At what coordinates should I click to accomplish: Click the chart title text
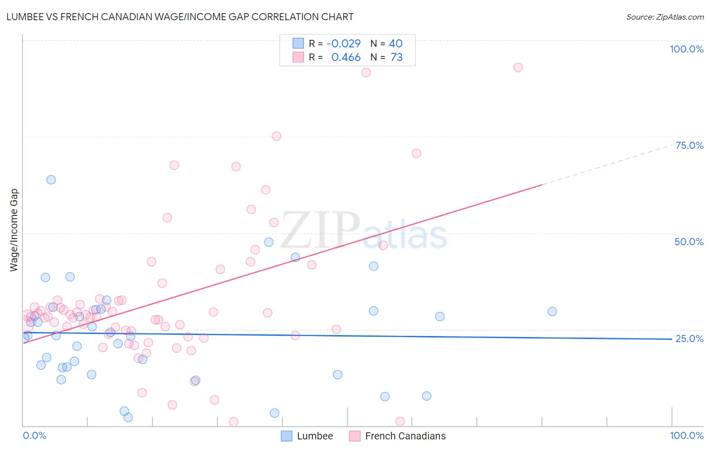(180, 17)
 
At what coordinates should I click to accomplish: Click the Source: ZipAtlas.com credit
(665, 17)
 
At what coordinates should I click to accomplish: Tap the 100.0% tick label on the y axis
(686, 49)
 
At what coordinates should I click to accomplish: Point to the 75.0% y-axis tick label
(689, 145)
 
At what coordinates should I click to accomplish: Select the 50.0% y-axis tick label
(689, 242)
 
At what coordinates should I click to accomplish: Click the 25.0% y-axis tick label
(689, 339)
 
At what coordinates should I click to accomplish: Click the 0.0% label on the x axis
(34, 435)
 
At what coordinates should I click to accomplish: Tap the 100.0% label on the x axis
(686, 435)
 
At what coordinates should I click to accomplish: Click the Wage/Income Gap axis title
(14, 230)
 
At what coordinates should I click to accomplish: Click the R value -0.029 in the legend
(343, 44)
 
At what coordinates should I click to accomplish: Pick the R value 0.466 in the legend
(346, 58)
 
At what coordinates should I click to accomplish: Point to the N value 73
(396, 58)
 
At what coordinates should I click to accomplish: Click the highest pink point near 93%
(518, 68)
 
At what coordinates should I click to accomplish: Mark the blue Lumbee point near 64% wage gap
(51, 180)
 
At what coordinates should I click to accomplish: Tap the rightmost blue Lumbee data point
(552, 312)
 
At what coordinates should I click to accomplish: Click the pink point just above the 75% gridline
(276, 136)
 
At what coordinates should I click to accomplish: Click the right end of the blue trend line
(671, 339)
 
